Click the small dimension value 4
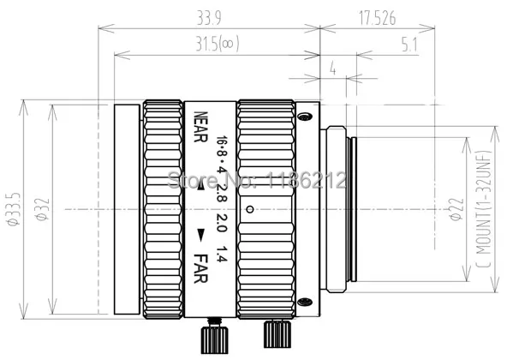coord(331,70)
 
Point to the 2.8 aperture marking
coord(223,190)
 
